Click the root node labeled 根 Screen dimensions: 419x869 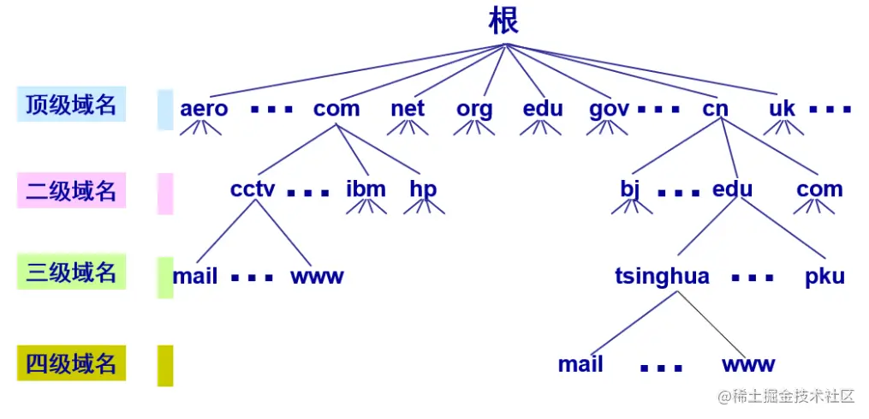coord(503,21)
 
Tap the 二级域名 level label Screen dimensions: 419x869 coord(71,190)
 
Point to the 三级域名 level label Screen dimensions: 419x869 coord(71,272)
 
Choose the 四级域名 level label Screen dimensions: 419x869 coord(71,363)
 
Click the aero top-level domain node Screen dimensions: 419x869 coord(204,109)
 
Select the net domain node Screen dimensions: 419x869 coord(408,109)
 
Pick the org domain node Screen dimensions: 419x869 coord(474,109)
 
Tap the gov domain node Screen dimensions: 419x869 coord(609,109)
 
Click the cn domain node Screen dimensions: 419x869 coord(715,109)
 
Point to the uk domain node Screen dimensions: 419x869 coord(782,109)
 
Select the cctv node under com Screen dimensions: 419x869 coord(253,189)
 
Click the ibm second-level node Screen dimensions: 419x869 coord(366,189)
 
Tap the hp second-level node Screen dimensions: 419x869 coord(423,189)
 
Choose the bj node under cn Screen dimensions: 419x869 coord(630,189)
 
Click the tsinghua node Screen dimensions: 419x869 coord(662,277)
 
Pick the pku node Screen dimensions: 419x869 coord(824,277)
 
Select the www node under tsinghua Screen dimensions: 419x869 coord(748,364)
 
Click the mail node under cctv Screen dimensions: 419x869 coord(195,277)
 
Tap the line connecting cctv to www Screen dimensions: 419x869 coord(283,231)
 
